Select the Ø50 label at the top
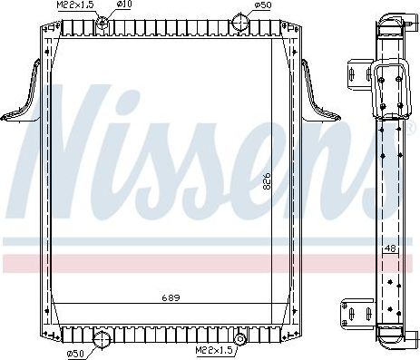pyautogui.click(x=262, y=5)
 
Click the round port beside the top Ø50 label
pyautogui.click(x=239, y=20)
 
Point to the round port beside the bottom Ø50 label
pyautogui.click(x=102, y=341)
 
